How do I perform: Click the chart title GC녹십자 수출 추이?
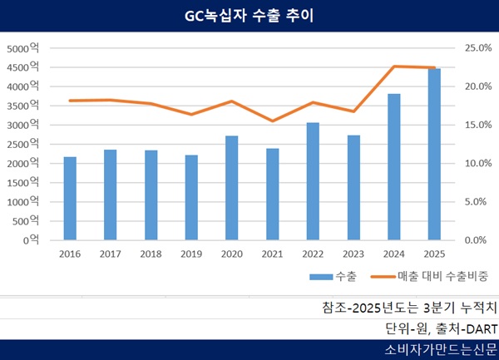point(249,16)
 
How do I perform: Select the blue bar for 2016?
point(70,198)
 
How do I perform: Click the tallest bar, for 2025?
point(434,154)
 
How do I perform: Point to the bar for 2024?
point(394,166)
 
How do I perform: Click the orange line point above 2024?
point(394,67)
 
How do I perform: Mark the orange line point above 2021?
point(273,121)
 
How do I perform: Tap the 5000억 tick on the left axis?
point(22,48)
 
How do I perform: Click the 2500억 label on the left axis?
point(22,144)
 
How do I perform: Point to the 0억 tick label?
point(33,239)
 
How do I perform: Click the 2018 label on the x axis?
point(151,253)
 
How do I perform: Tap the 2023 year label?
point(353,253)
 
